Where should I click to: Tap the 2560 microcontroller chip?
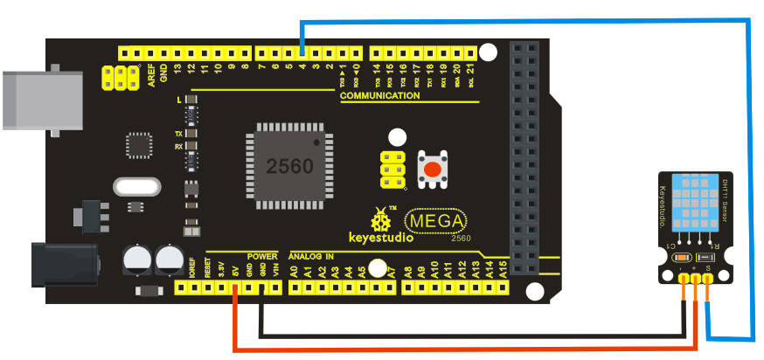[289, 166]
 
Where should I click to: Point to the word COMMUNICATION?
[380, 95]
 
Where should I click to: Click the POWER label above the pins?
[261, 256]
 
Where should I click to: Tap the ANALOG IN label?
[310, 256]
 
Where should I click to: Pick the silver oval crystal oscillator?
[138, 187]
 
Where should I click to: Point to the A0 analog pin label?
[294, 271]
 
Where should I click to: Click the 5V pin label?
[235, 271]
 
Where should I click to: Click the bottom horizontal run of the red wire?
[463, 349]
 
